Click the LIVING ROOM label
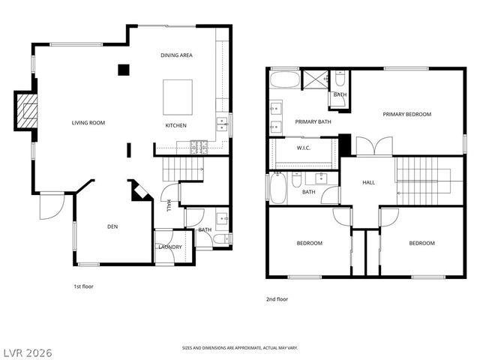[88, 123]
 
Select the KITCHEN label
[176, 125]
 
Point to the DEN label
[112, 226]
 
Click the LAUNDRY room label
[169, 247]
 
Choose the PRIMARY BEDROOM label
[407, 114]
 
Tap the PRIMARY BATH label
[313, 121]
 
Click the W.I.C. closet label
[304, 148]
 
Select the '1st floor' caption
[83, 286]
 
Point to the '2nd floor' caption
[277, 299]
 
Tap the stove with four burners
[199, 145]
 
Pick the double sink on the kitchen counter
[221, 123]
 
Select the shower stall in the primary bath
[313, 79]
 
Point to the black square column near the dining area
[124, 70]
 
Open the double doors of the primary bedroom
[373, 146]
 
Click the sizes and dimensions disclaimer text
[240, 348]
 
